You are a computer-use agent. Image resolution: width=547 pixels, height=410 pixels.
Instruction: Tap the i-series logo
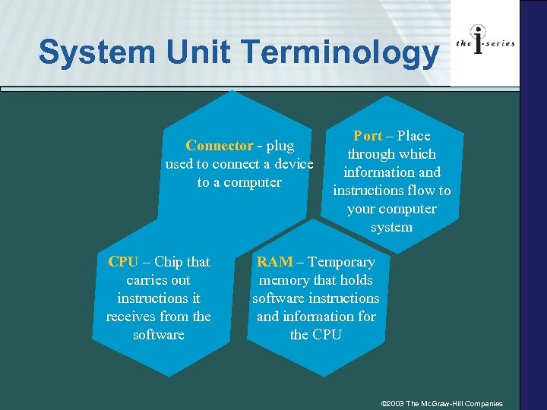[485, 43]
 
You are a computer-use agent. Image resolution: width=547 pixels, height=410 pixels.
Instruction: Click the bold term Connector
[220, 146]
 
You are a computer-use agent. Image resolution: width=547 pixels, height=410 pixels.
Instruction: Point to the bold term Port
[368, 136]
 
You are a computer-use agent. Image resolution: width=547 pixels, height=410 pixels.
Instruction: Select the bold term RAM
[274, 262]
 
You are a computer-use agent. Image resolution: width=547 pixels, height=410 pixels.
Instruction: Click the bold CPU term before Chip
[123, 262]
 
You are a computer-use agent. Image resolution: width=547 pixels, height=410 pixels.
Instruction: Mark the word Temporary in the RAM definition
[341, 262]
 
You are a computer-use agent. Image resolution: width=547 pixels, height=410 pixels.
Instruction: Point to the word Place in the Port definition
[413, 136]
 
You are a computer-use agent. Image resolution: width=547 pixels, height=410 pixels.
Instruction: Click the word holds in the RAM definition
[356, 280]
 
